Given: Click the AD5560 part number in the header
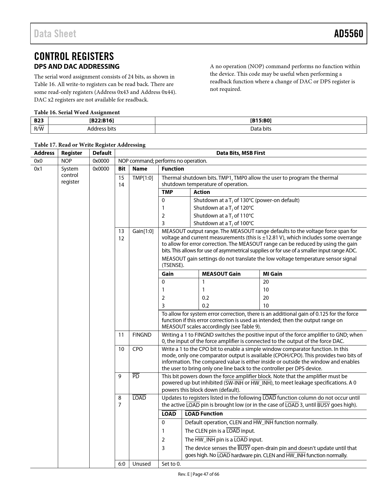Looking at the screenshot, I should [348, 34].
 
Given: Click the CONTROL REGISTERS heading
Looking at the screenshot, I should [74, 56].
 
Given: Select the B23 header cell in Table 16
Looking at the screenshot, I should [39, 121].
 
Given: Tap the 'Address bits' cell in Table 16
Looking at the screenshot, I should [101, 129].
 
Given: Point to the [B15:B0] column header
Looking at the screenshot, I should [261, 121].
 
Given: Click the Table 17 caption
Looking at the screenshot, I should [90, 145].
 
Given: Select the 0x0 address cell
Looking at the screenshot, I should [38, 161].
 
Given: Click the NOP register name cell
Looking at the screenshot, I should [66, 161].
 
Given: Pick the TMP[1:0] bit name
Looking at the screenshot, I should [143, 178].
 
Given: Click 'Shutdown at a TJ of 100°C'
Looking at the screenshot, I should [223, 223].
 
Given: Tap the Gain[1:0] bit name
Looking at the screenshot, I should [143, 231].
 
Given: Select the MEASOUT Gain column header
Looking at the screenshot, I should [221, 274].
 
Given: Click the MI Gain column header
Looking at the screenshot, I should [272, 274].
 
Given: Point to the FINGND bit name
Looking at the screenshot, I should [142, 335].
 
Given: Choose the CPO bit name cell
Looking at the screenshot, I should [137, 349].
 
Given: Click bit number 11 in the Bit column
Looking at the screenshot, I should [121, 335].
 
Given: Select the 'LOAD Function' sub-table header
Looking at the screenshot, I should [203, 414].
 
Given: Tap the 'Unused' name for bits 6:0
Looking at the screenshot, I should [141, 464].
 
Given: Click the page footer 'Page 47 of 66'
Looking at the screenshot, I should [206, 474].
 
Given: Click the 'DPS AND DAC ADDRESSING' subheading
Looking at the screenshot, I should [77, 66].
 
